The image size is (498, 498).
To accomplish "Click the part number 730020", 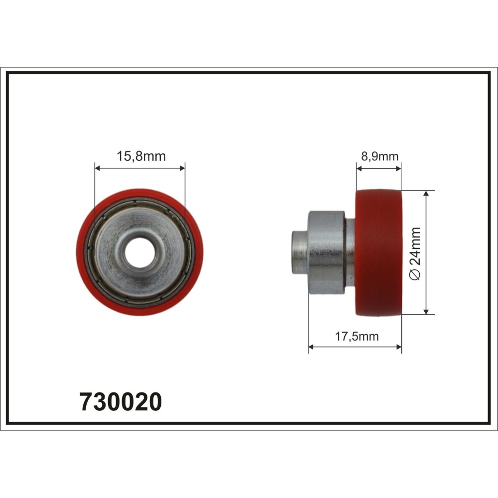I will pyautogui.click(x=121, y=401).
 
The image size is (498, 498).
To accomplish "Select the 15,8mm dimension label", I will pyautogui.click(x=141, y=156).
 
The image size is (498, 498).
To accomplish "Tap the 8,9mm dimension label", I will pyautogui.click(x=379, y=156).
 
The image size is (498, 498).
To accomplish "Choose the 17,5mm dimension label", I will pyautogui.click(x=356, y=336).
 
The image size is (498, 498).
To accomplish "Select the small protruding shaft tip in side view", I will pyautogui.click(x=299, y=252).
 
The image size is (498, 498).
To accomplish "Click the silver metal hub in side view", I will pyautogui.click(x=326, y=252).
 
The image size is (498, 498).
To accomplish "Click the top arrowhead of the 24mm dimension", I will pyautogui.click(x=426, y=194).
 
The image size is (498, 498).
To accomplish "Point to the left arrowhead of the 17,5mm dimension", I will pyautogui.click(x=311, y=347).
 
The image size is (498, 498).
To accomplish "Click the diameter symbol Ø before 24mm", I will pyautogui.click(x=416, y=277).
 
